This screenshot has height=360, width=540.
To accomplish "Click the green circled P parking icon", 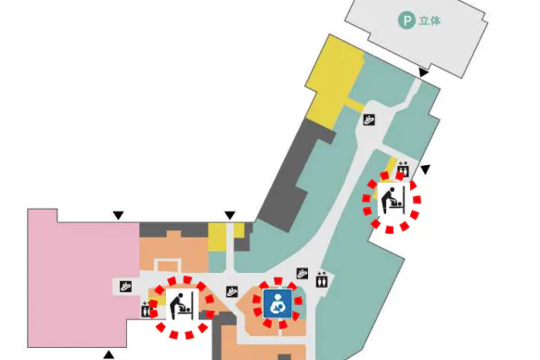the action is click(406, 20).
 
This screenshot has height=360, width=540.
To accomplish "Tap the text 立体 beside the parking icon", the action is click(430, 20).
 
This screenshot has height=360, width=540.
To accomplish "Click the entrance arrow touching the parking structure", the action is click(423, 72).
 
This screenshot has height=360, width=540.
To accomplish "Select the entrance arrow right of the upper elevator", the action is click(426, 170).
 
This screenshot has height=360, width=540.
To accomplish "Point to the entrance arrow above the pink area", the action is click(118, 215).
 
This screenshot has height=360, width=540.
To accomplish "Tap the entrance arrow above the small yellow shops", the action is click(230, 215).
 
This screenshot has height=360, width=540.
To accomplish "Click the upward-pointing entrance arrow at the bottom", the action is click(109, 354).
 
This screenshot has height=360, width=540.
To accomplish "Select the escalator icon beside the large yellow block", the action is click(369, 120).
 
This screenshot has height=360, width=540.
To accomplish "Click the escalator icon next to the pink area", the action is click(125, 287).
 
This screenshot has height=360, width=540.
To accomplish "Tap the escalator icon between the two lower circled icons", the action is click(232, 291).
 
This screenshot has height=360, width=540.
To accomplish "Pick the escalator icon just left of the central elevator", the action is click(302, 274).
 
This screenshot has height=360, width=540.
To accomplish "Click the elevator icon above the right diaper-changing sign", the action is click(403, 169).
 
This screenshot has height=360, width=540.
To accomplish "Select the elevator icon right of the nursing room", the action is click(322, 279).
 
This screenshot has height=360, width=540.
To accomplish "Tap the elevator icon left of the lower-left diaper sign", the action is click(146, 309).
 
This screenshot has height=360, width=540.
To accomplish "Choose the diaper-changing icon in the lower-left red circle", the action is click(182, 305).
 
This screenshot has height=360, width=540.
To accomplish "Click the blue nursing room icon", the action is click(277, 303).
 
